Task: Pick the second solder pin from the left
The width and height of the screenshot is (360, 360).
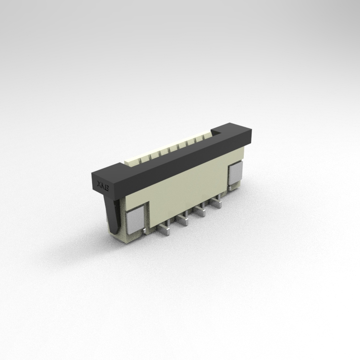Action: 182,220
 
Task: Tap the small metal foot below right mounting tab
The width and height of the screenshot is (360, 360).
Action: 235,188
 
